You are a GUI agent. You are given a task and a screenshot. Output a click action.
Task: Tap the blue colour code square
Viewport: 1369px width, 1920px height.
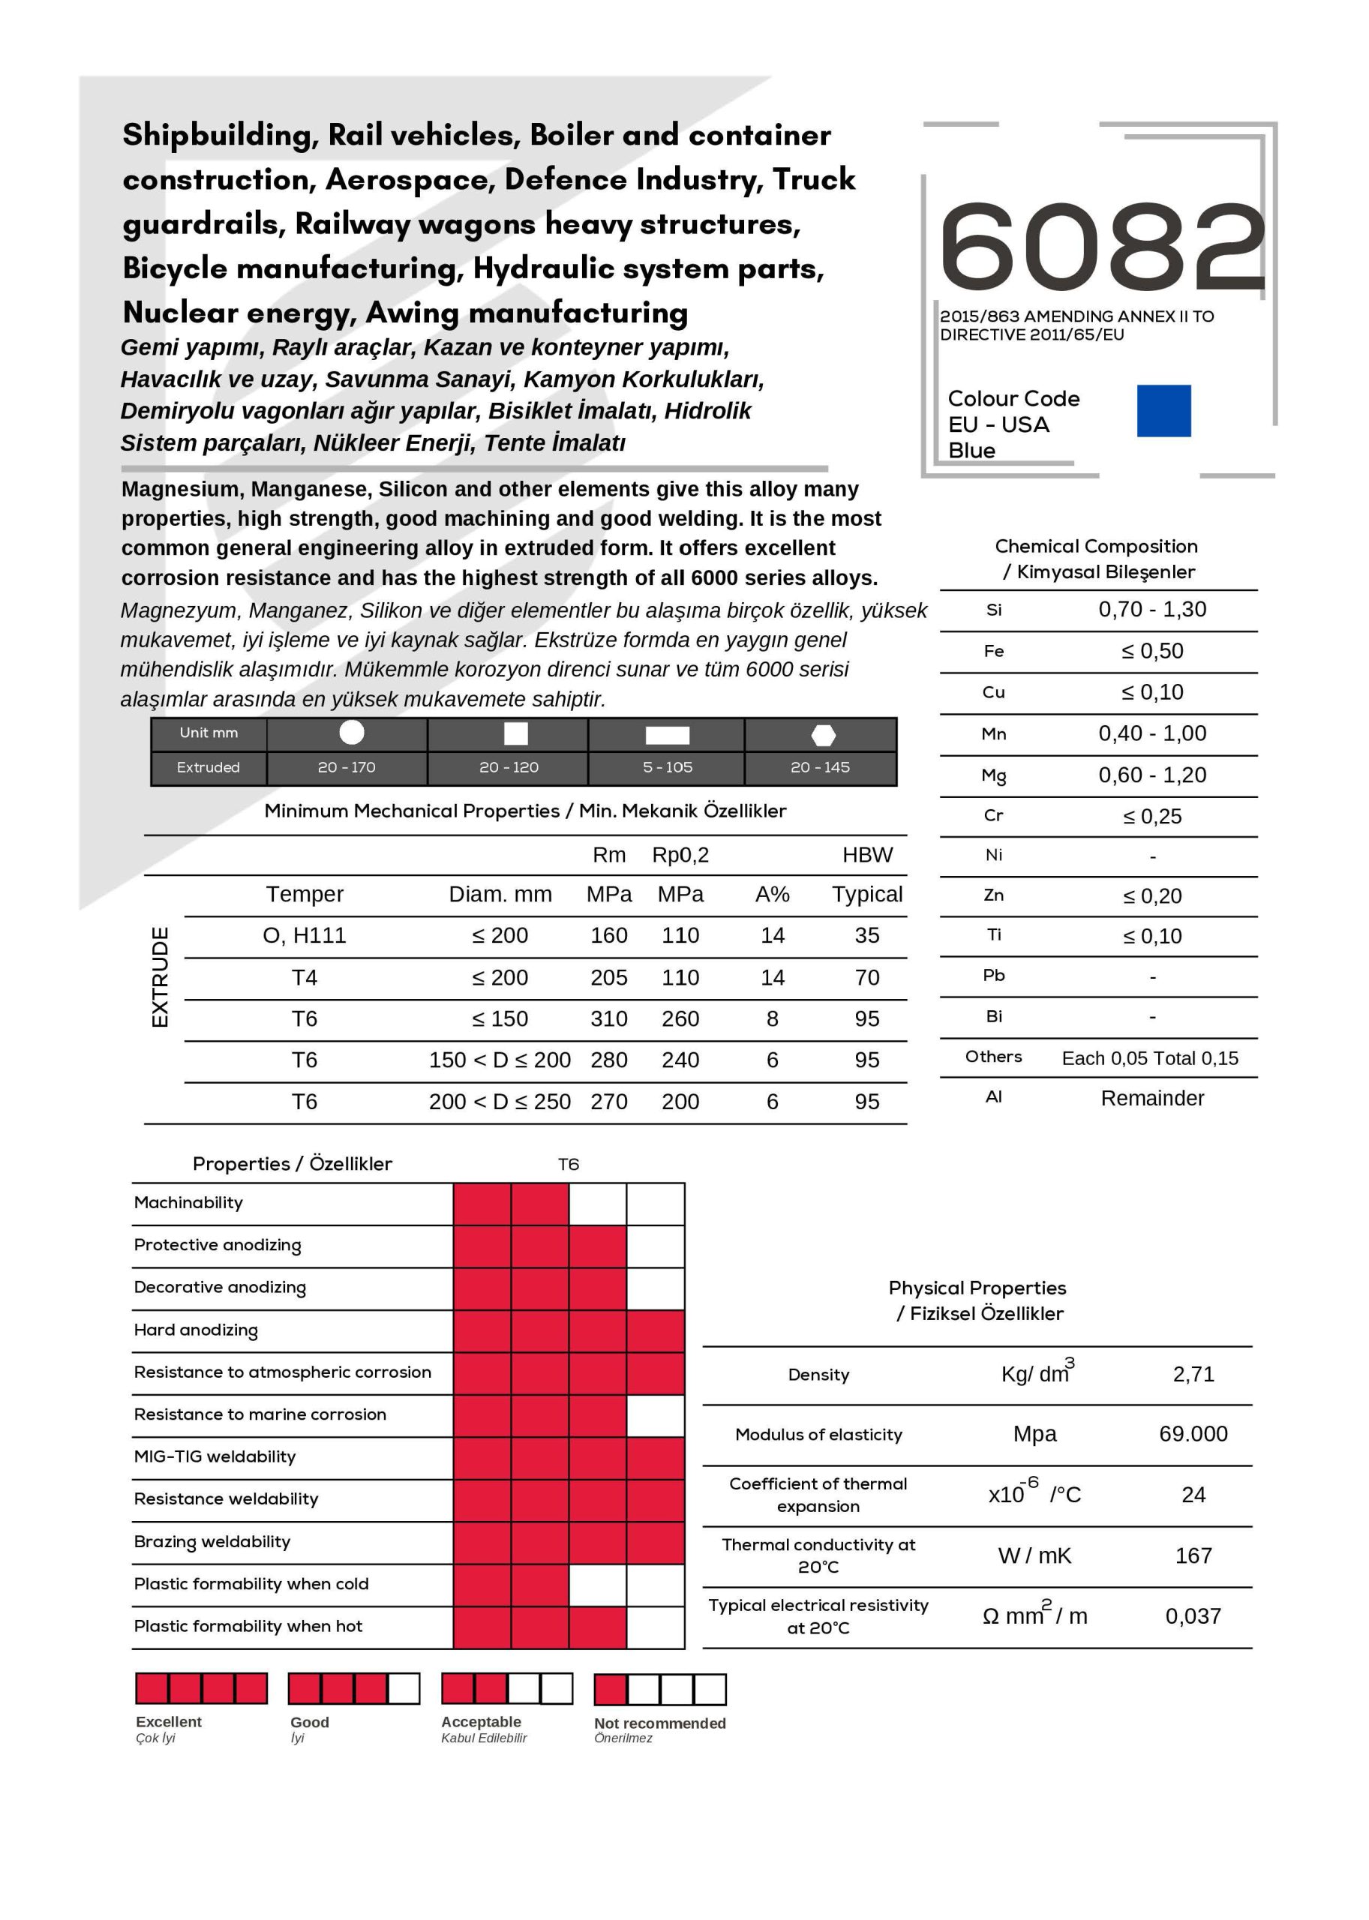click(x=1163, y=410)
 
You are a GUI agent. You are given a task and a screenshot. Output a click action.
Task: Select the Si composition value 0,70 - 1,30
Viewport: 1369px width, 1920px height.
click(x=1151, y=610)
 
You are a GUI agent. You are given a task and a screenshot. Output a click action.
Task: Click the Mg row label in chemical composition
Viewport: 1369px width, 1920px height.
click(x=993, y=775)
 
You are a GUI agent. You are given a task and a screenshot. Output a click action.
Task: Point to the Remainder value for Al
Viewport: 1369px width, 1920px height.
click(x=1151, y=1098)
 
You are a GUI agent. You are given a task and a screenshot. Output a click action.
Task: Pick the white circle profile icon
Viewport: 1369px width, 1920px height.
click(x=352, y=733)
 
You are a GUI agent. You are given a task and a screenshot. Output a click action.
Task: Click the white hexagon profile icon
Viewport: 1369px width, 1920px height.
click(x=823, y=735)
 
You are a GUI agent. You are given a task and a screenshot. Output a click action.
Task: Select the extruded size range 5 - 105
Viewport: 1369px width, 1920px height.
click(x=667, y=767)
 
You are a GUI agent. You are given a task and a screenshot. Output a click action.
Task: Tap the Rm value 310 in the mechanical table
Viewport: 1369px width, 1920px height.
click(x=608, y=1019)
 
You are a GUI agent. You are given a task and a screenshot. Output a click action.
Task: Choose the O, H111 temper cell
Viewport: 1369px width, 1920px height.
click(x=305, y=935)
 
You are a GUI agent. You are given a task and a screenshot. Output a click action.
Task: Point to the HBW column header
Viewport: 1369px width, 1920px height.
click(x=867, y=855)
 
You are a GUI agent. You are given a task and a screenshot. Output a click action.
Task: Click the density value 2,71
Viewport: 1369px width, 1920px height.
click(x=1193, y=1375)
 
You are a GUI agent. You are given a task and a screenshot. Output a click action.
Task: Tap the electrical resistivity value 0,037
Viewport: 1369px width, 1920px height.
click(x=1193, y=1616)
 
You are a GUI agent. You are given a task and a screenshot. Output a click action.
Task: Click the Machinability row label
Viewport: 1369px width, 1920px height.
click(x=188, y=1203)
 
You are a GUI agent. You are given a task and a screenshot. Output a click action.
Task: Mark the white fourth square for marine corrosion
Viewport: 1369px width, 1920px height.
click(x=655, y=1416)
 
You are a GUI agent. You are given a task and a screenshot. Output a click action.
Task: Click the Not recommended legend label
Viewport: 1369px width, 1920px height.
click(x=659, y=1723)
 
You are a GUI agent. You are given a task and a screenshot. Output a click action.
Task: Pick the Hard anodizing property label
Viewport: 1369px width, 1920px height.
click(x=196, y=1330)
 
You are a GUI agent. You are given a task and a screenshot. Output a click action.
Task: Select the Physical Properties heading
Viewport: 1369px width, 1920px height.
click(x=977, y=1288)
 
